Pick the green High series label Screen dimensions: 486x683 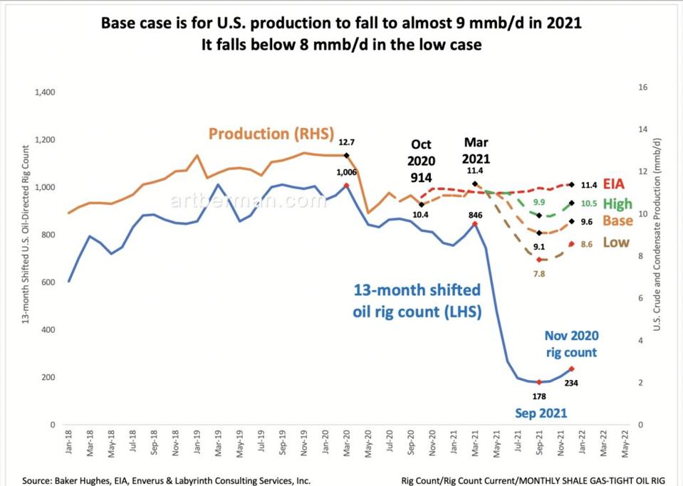click(x=618, y=203)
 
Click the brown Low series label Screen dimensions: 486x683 click(x=616, y=242)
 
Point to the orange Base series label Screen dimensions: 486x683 click(x=617, y=221)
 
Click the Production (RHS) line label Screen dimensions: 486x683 click(x=263, y=133)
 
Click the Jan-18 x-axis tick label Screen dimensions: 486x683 click(x=70, y=445)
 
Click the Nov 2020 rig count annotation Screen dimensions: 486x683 click(x=572, y=343)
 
